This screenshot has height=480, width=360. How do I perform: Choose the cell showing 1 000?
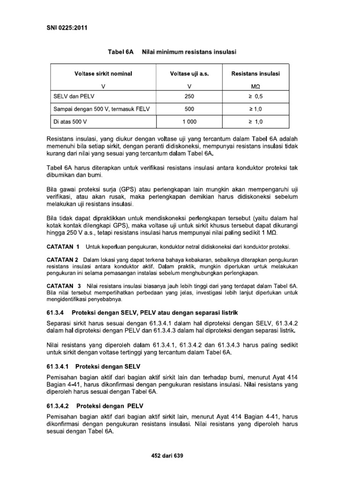click(x=189, y=122)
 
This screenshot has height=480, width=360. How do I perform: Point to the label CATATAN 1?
click(x=63, y=247)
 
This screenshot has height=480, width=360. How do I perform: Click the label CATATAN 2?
click(x=63, y=260)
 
